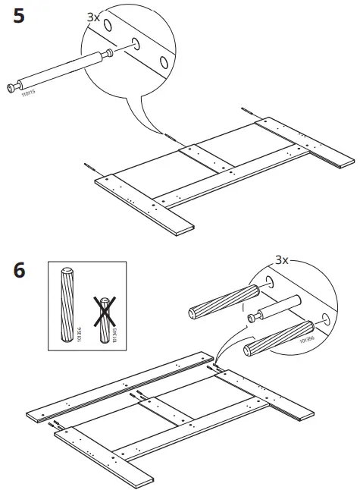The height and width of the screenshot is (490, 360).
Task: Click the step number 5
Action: tap(23, 16)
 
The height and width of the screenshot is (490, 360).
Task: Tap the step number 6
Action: tap(22, 271)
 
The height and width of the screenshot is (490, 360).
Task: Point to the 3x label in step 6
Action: tap(282, 259)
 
